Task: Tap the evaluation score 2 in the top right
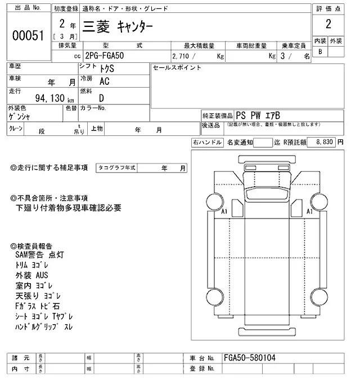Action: click(x=328, y=24)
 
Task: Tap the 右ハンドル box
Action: click(x=206, y=143)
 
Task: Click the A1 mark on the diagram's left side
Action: click(x=224, y=212)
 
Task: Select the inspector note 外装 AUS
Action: click(x=32, y=275)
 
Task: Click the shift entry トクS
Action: click(x=106, y=68)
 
